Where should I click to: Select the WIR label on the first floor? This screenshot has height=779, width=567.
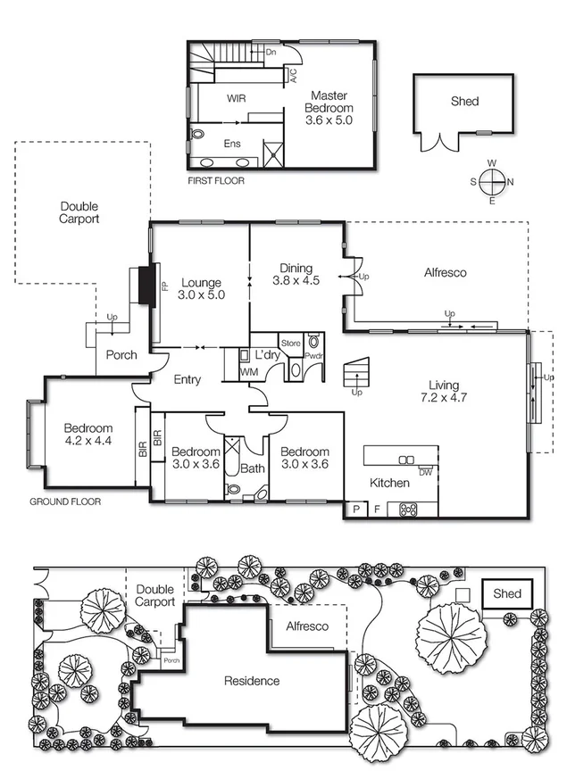(x=237, y=98)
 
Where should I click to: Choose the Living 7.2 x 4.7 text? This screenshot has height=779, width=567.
(x=444, y=393)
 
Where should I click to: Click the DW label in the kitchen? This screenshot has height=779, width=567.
(x=425, y=472)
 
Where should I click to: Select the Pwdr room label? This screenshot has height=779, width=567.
(x=313, y=355)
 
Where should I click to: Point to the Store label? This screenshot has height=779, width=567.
(x=291, y=342)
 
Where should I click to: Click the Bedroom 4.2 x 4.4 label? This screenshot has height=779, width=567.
(x=88, y=434)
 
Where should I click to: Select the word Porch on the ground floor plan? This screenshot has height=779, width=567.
(x=121, y=355)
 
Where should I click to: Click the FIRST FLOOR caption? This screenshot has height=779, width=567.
(x=215, y=181)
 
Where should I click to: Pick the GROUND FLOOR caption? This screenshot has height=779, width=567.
(x=65, y=502)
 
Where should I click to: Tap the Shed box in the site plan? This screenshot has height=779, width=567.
(x=506, y=593)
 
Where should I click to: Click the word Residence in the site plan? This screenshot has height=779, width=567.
(x=251, y=681)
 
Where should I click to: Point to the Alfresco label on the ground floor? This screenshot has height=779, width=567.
(x=445, y=273)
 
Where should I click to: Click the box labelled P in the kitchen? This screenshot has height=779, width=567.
(x=355, y=510)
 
